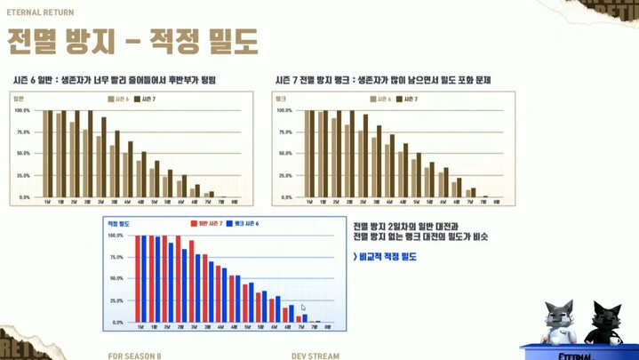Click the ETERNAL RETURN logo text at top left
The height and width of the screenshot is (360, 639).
point(40,12)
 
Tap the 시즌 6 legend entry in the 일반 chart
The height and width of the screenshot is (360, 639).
point(119,100)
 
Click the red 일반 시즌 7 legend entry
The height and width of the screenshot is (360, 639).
point(207,224)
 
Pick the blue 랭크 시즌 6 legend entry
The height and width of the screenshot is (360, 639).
point(243,224)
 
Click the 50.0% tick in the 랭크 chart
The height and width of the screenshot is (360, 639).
point(284,154)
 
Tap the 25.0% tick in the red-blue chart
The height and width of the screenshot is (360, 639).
point(116,300)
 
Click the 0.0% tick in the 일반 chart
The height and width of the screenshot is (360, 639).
point(24,197)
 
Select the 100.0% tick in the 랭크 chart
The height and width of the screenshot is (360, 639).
point(284,111)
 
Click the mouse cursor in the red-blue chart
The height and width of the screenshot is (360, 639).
point(303,308)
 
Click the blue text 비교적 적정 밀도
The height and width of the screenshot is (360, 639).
point(386,257)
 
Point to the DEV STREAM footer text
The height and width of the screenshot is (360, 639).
point(316,356)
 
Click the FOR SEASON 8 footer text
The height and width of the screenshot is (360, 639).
point(134,356)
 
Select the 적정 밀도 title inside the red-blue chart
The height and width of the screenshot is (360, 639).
point(118,224)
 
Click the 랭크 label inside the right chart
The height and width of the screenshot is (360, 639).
point(281,100)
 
